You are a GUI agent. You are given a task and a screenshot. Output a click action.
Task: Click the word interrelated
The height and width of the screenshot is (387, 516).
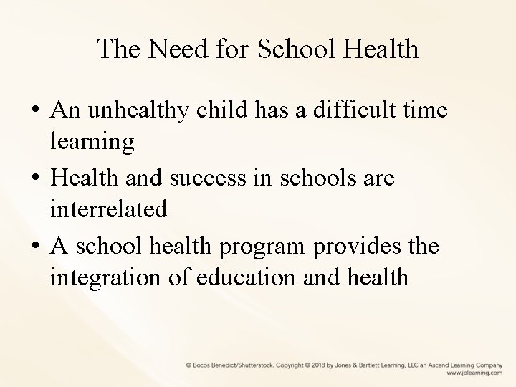pyautogui.click(x=109, y=209)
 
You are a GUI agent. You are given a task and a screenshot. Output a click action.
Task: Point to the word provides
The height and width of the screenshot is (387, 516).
pyautogui.click(x=353, y=244)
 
